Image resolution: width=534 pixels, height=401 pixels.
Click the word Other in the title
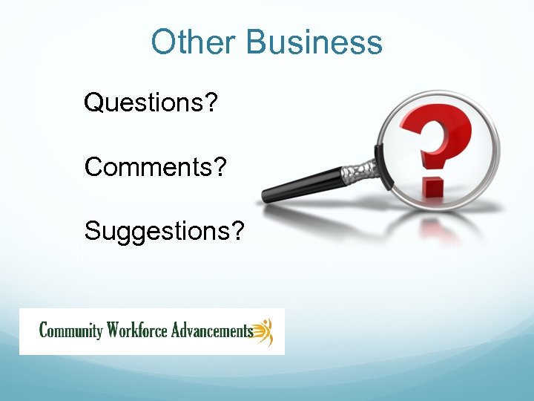(194, 42)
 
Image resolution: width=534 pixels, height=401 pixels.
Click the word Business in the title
(314, 42)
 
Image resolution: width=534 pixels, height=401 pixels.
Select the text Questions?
(151, 102)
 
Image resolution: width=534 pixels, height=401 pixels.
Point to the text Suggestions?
(164, 231)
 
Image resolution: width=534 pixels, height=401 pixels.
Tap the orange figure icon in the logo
(264, 331)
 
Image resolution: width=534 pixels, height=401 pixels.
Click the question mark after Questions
(211, 102)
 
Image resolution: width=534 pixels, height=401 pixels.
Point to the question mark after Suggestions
(237, 231)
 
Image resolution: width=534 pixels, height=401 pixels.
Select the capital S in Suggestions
(93, 231)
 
